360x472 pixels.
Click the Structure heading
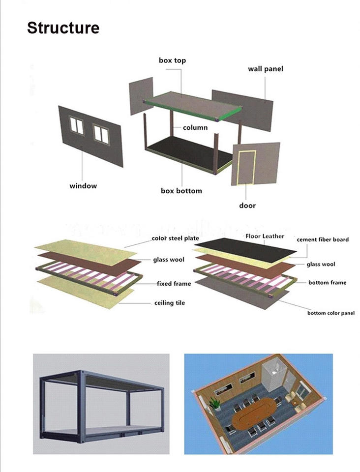63,28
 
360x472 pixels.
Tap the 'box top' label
172,60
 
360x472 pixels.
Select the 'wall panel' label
265,69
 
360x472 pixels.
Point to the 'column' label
195,127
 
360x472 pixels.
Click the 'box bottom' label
181,190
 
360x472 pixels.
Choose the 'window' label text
83,186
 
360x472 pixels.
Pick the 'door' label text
247,205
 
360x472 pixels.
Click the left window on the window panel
77,125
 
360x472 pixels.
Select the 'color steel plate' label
176,238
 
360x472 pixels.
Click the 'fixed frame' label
174,284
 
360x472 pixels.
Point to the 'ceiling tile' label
170,303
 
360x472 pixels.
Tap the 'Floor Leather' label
265,236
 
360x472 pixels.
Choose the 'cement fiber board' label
323,239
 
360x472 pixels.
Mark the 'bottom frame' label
327,282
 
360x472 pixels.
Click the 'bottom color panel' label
331,313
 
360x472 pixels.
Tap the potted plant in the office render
214,404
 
